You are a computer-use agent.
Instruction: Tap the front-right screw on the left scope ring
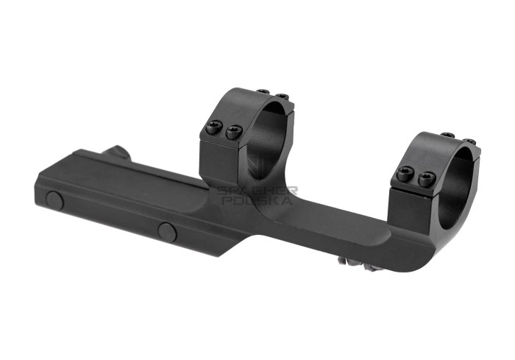click(x=235, y=133)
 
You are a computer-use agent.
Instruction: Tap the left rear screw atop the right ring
click(x=447, y=135)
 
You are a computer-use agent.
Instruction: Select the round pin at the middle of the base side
click(x=167, y=231)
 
